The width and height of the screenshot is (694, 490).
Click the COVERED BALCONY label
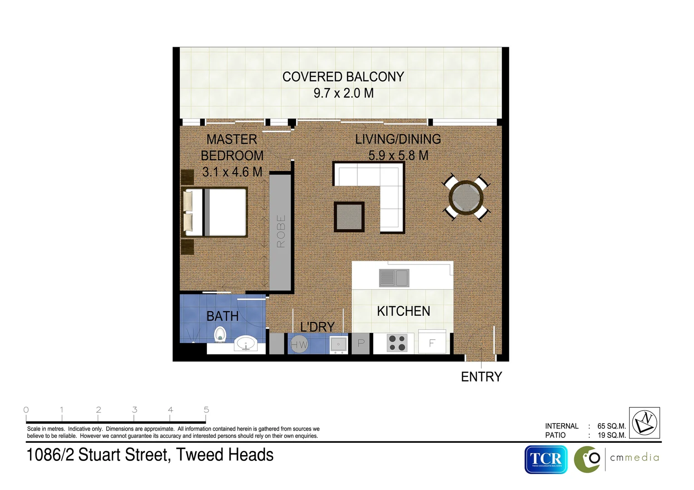click(343, 77)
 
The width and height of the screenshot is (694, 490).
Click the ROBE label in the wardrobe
click(281, 231)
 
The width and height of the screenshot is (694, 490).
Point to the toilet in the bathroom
click(220, 334)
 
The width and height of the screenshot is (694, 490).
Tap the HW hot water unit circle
click(299, 344)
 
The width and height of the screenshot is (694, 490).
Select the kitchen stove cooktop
click(397, 343)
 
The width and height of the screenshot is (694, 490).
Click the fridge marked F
click(432, 343)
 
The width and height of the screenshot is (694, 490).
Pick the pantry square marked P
click(361, 343)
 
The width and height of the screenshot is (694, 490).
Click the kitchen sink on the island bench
click(394, 278)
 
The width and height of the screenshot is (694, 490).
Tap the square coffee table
click(349, 217)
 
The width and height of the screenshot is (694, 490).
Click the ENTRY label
click(481, 377)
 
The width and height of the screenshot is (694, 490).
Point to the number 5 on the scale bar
click(206, 410)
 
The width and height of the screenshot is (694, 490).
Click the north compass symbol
click(645, 422)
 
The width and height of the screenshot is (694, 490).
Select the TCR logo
click(546, 459)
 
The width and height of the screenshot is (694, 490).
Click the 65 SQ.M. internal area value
click(611, 426)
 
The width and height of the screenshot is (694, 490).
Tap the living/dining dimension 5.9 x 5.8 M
click(398, 156)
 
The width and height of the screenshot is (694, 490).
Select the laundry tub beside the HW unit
click(338, 344)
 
